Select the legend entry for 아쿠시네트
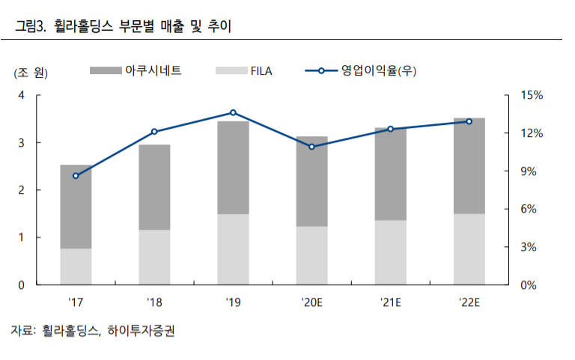[x=153, y=71]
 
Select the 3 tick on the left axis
[x=22, y=142]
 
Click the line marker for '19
[x=233, y=112]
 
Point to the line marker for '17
[x=76, y=176]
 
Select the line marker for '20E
[x=311, y=147]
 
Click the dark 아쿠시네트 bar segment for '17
[x=76, y=207]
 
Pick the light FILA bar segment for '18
[x=154, y=257]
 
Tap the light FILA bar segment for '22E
[x=469, y=249]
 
